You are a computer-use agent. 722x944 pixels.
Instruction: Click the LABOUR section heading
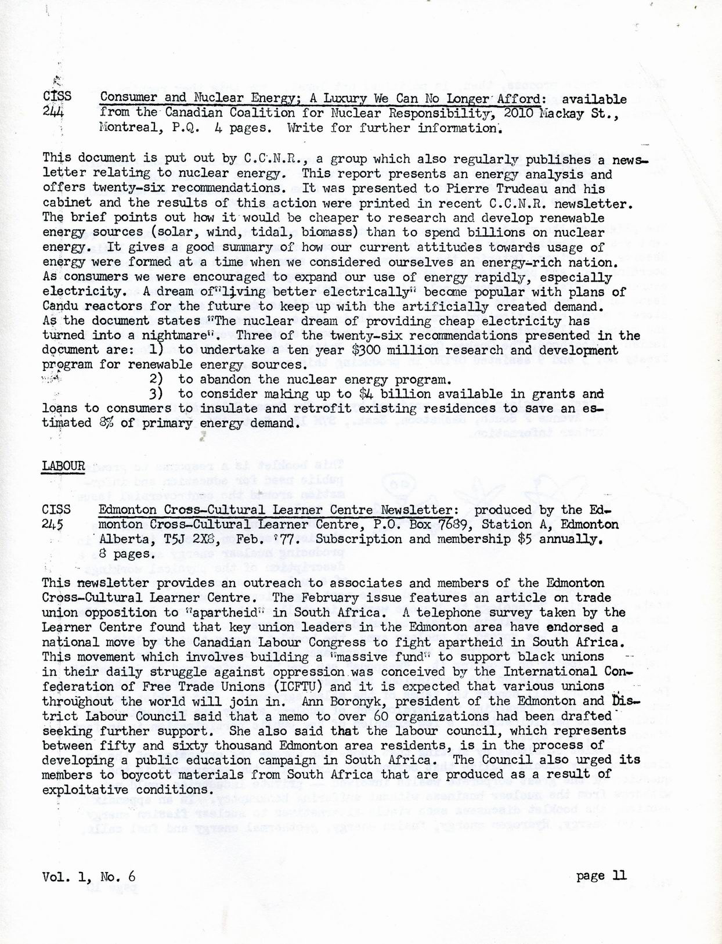click(x=63, y=466)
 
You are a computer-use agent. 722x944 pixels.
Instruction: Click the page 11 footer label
click(x=601, y=875)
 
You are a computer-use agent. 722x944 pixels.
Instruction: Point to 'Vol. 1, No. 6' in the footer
click(x=89, y=876)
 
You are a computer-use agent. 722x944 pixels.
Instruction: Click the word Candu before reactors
click(x=60, y=306)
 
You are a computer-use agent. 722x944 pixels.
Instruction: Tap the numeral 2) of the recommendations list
click(x=155, y=380)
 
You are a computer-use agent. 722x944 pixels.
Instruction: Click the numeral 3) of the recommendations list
click(x=155, y=394)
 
